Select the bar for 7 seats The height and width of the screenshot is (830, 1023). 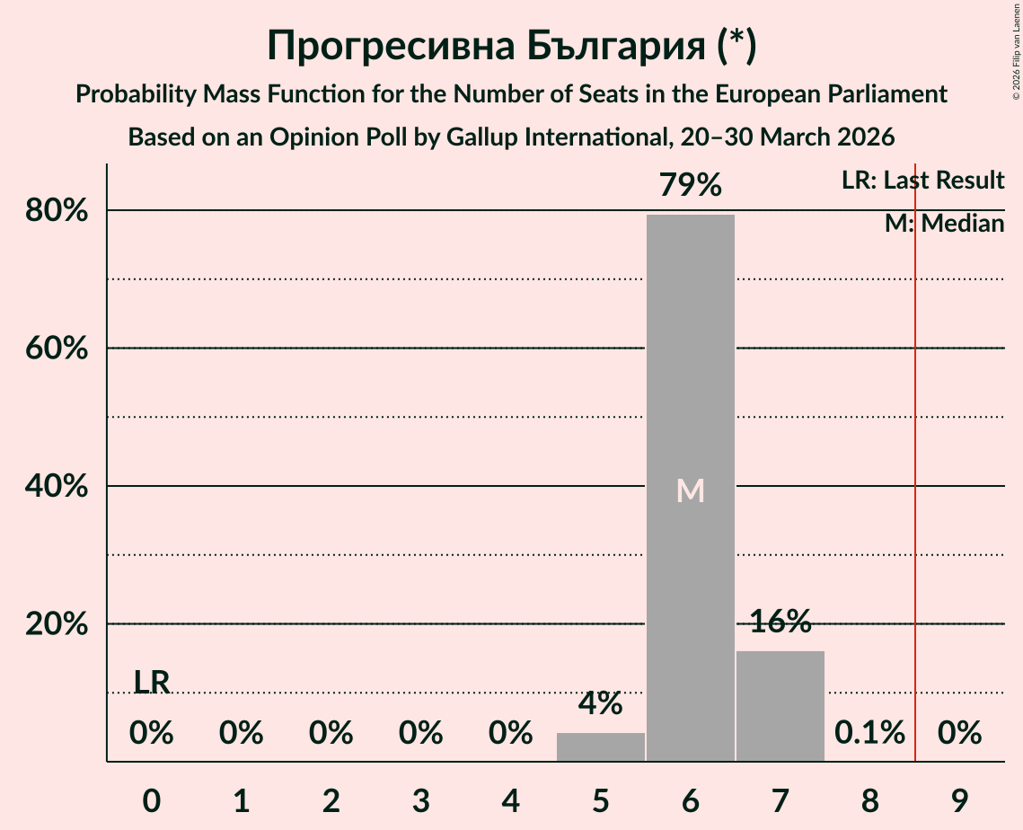[780, 706]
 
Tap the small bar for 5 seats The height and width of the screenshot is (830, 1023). [600, 747]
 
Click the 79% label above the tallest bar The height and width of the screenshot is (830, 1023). [690, 185]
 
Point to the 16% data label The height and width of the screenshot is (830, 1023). [780, 622]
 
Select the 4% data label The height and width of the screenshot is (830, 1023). [600, 703]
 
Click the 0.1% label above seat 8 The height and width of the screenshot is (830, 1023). [869, 733]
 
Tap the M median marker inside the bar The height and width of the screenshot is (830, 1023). [690, 490]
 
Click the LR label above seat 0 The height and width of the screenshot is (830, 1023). [152, 683]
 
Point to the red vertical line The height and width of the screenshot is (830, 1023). [915, 449]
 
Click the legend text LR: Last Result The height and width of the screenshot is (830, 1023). [922, 181]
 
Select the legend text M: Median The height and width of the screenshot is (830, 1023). [944, 224]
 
